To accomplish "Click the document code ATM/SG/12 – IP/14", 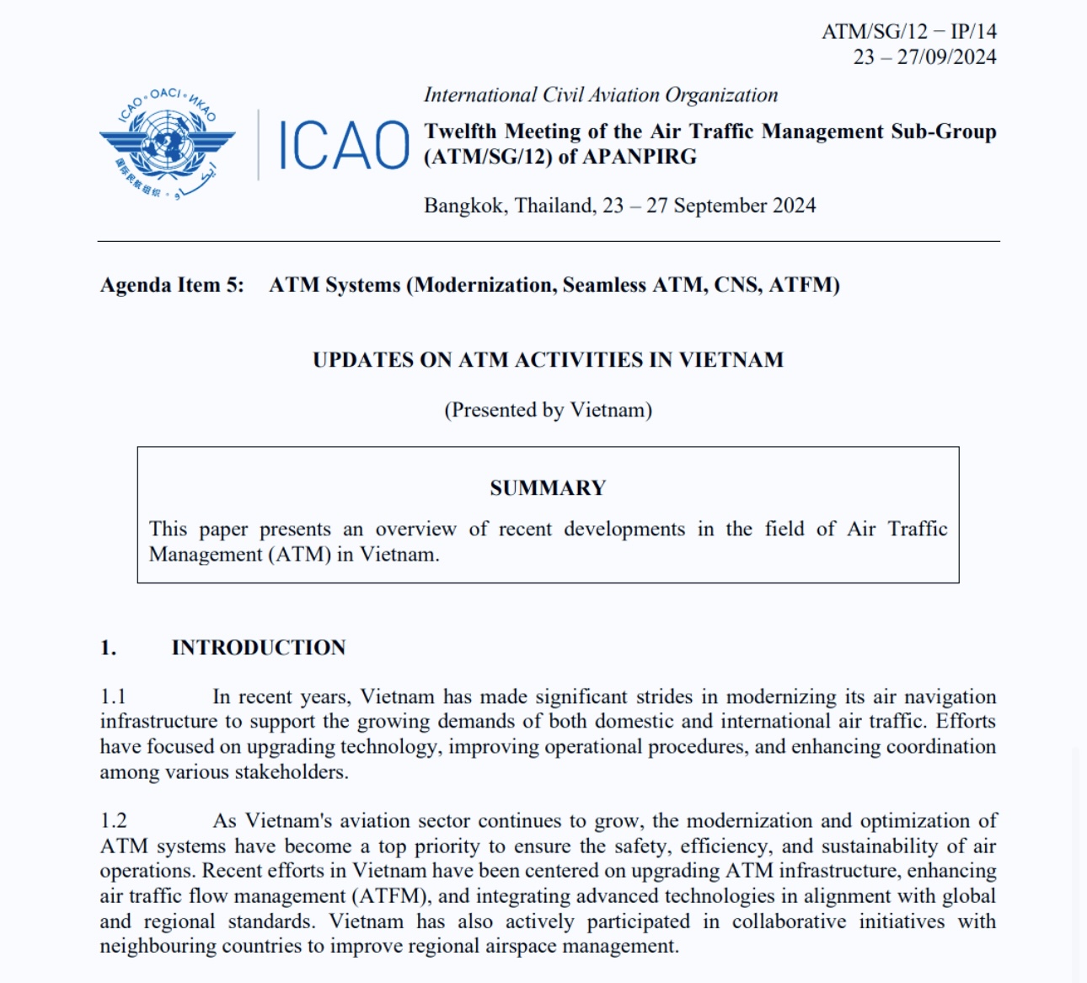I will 908,32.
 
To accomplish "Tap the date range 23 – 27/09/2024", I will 924,57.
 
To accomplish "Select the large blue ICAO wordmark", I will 343,145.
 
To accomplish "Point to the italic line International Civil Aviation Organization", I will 601,95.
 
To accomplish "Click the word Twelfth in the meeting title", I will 460,132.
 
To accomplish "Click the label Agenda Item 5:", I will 172,285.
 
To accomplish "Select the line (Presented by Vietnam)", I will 548,410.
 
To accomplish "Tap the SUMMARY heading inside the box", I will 548,488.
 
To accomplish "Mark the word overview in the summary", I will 415,529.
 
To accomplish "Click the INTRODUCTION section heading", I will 259,647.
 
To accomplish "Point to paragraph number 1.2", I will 114,821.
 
